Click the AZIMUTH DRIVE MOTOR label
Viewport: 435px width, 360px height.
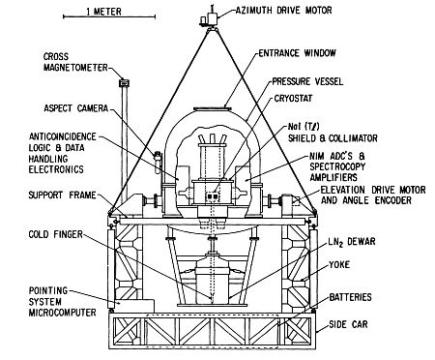(x=283, y=11)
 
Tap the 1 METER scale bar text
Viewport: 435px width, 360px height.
(x=103, y=12)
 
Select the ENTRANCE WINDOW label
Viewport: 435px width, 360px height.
(x=297, y=53)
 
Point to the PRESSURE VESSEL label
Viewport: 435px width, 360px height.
(x=307, y=81)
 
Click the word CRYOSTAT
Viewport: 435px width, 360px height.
(x=293, y=98)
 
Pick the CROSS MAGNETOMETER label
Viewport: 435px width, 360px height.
(x=75, y=62)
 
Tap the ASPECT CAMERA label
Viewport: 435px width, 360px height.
(x=76, y=108)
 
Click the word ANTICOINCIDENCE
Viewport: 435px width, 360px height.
(x=63, y=136)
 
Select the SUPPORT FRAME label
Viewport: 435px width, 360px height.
(x=62, y=195)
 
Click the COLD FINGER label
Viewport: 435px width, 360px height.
(x=56, y=234)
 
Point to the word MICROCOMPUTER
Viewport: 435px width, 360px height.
(x=62, y=313)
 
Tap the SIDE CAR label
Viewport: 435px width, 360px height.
(x=348, y=324)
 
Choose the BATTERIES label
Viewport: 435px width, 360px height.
(x=350, y=297)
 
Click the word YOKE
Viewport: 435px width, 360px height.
(x=339, y=265)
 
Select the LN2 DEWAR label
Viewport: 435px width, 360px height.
(x=352, y=242)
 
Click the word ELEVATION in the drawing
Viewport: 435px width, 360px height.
(x=343, y=190)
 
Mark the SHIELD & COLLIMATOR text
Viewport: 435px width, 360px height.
(x=333, y=138)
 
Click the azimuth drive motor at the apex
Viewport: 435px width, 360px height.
(x=210, y=17)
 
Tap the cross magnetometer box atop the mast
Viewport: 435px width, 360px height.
(x=124, y=82)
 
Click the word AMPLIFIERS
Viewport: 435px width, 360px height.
(x=333, y=177)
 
